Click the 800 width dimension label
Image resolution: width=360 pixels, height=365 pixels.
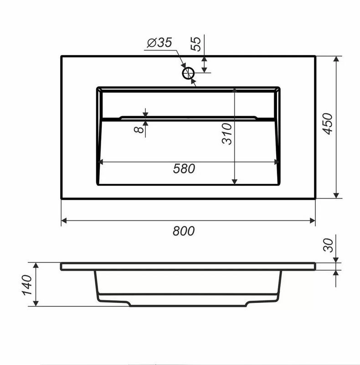(x=184, y=231)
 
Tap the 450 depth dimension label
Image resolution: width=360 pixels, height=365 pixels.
(x=328, y=124)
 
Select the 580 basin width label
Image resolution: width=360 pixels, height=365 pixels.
(x=184, y=168)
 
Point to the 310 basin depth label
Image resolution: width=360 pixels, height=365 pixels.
(x=227, y=134)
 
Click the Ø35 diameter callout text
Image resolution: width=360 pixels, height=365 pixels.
(x=159, y=42)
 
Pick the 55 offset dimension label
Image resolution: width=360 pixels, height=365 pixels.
(x=195, y=44)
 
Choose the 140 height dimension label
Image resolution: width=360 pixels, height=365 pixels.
(x=27, y=285)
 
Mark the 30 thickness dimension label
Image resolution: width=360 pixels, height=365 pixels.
(x=329, y=245)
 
